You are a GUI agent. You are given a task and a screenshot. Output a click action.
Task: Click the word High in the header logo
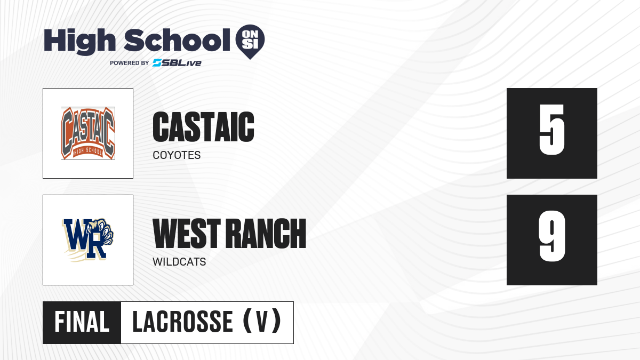click(79, 41)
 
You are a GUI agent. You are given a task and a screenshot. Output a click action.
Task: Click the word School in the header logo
click(177, 40)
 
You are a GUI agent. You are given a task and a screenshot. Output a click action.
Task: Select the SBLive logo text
click(177, 63)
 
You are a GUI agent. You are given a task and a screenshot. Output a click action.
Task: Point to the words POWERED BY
click(130, 63)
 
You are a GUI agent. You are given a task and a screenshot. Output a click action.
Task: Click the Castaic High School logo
click(88, 133)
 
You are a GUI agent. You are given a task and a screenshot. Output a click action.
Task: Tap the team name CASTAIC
click(203, 127)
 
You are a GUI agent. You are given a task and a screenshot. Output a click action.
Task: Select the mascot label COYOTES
click(177, 155)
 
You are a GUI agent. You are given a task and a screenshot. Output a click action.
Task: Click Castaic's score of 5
click(551, 130)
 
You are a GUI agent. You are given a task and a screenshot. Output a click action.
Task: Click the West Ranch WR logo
click(88, 240)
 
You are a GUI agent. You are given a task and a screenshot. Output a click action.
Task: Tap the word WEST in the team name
click(187, 234)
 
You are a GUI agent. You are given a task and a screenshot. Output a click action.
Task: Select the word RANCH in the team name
click(266, 234)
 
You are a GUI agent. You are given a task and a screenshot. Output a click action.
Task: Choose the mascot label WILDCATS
click(179, 262)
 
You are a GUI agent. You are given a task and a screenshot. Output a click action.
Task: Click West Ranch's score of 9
click(551, 236)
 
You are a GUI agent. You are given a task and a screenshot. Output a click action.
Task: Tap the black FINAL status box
click(82, 323)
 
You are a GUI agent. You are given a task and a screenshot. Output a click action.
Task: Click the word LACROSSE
click(182, 322)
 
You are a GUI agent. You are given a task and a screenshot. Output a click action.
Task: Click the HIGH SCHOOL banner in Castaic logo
click(87, 151)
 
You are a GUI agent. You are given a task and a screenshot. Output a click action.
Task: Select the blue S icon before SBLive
click(157, 63)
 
